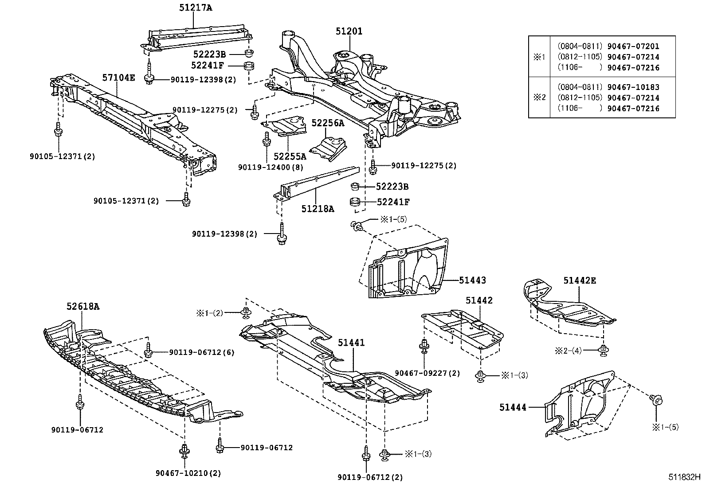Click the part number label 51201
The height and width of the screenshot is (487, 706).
(x=349, y=31)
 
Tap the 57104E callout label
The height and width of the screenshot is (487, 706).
(x=119, y=78)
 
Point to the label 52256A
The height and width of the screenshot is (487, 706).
(x=328, y=123)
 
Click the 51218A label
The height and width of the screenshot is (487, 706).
(x=318, y=208)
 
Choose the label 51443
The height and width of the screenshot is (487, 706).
(x=472, y=280)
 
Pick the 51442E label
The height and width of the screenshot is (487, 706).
(x=580, y=280)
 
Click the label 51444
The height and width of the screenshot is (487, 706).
(x=513, y=406)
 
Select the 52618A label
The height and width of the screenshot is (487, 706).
(x=83, y=306)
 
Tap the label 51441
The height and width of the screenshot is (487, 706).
(x=351, y=343)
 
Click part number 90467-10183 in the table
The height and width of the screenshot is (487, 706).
(x=633, y=87)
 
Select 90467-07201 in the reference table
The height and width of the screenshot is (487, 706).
(x=633, y=46)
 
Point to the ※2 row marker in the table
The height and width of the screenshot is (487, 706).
(x=539, y=98)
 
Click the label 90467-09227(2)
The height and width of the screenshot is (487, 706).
(x=427, y=374)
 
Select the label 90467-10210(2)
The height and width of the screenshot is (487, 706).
(x=188, y=473)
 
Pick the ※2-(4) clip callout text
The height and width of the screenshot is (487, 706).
(x=568, y=350)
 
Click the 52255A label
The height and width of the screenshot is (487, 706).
(x=290, y=156)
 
